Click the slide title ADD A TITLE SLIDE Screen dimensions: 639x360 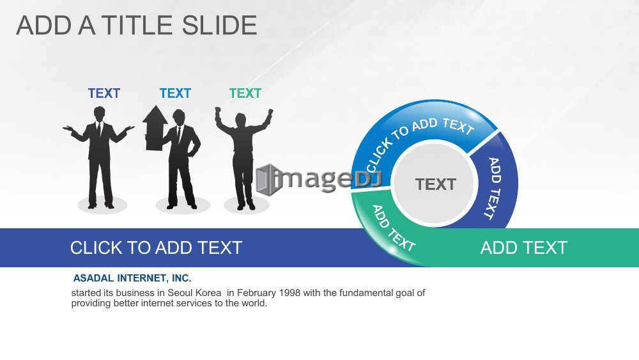pos(137,26)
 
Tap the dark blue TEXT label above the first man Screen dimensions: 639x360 pos(104,93)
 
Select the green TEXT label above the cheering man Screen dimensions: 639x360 pos(245,93)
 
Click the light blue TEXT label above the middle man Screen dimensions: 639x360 pos(175,93)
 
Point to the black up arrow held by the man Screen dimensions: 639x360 pos(155,128)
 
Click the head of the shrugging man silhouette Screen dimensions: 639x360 pos(99,113)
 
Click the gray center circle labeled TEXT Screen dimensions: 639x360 pos(435,184)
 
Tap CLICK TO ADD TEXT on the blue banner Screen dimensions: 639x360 pos(156,247)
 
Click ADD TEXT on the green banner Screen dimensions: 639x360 pos(524,247)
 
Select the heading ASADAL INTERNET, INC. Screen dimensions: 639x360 pos(132,278)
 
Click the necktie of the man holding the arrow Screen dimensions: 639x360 pos(178,134)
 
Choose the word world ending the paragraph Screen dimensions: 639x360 pos(254,303)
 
